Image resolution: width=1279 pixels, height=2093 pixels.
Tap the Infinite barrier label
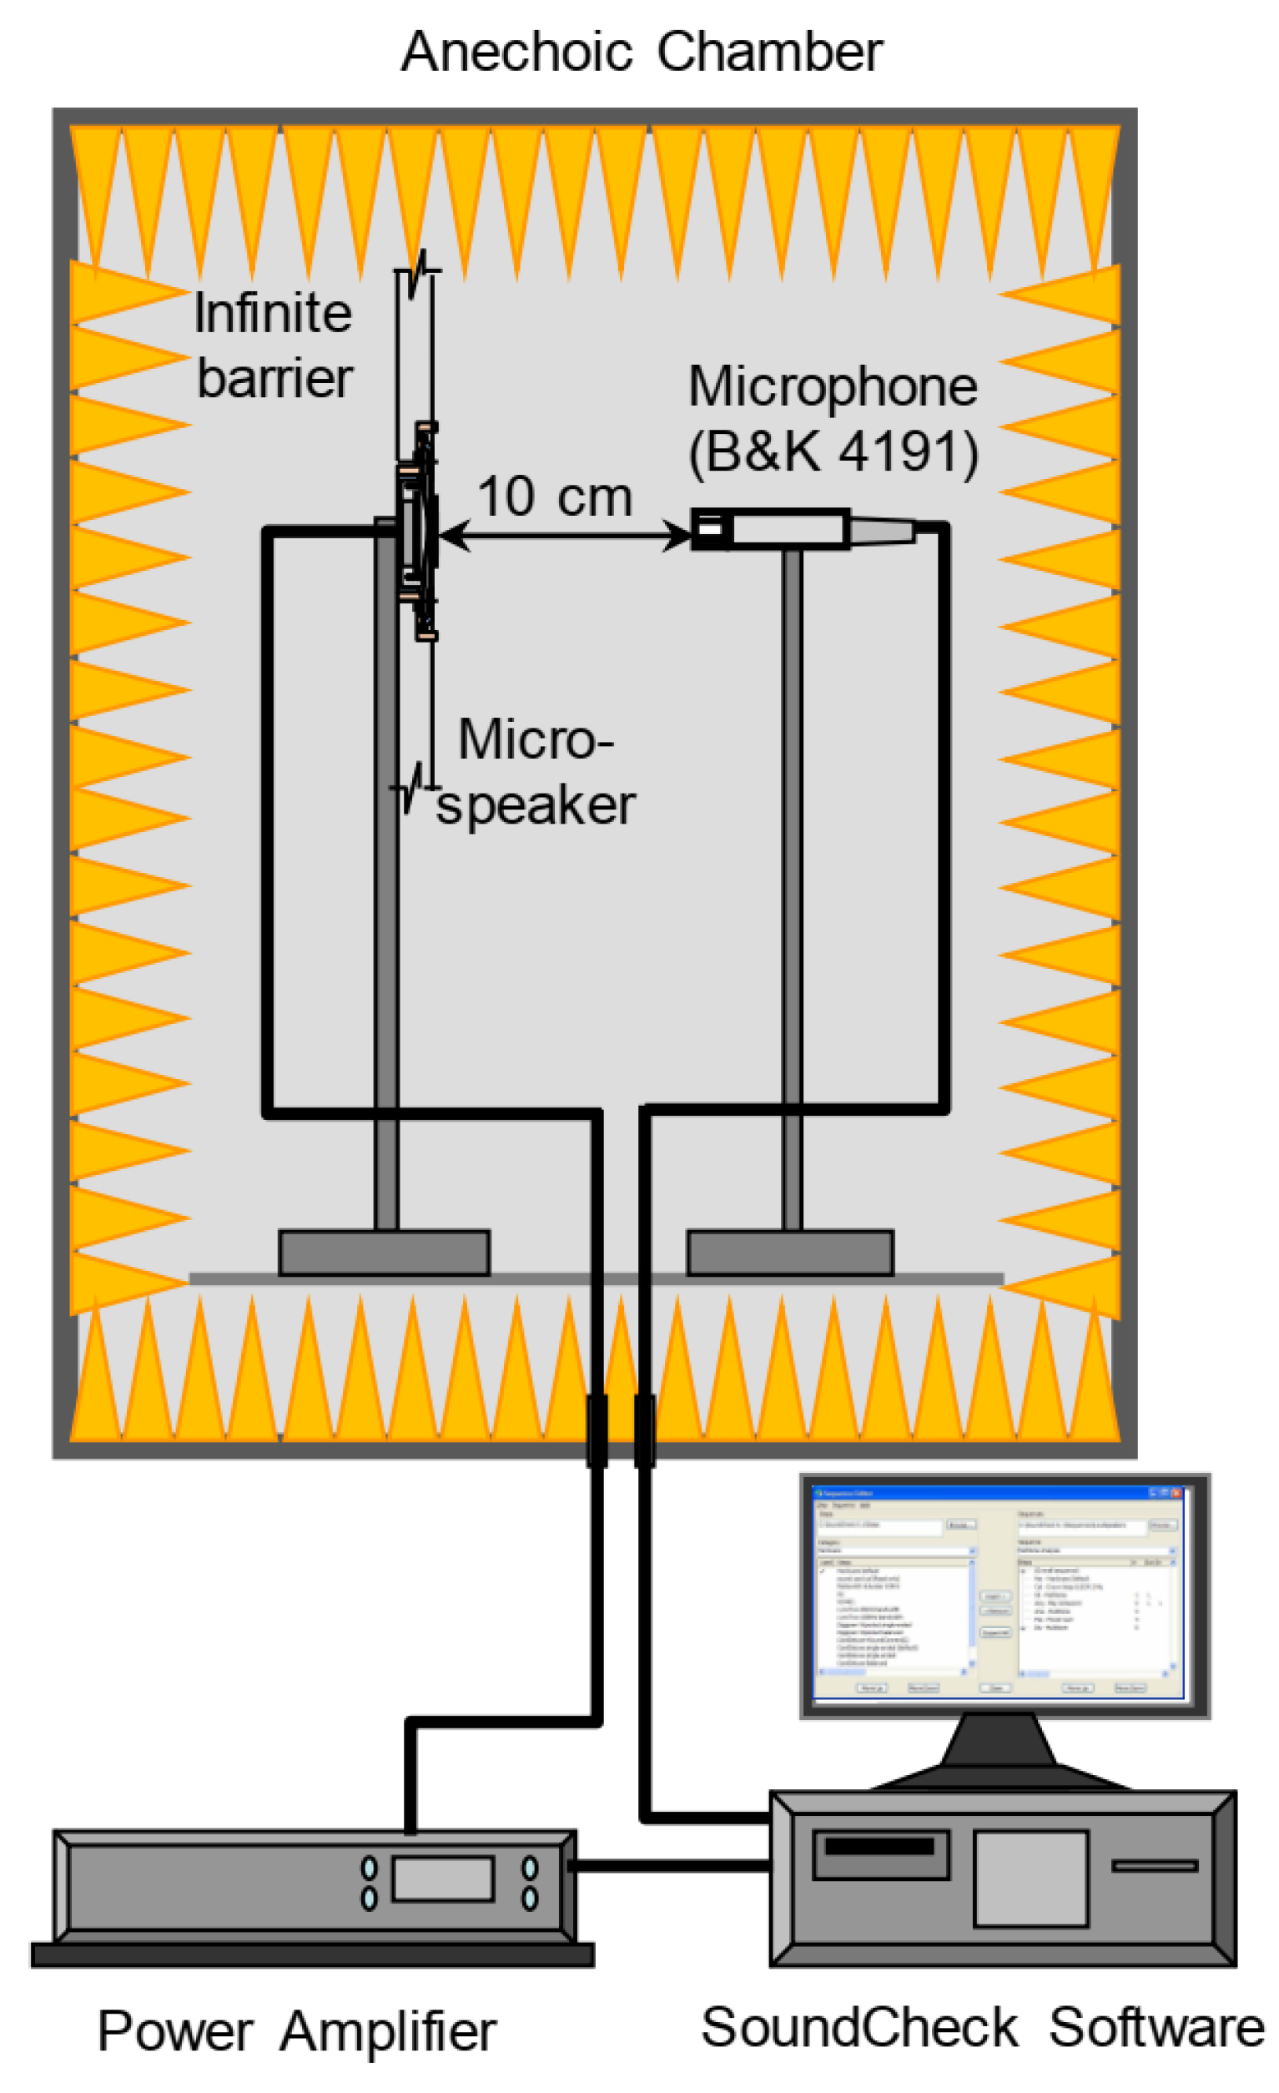pos(274,345)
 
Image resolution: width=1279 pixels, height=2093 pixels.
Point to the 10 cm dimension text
pos(554,497)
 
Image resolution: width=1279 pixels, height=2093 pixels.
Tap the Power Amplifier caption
pos(296,2032)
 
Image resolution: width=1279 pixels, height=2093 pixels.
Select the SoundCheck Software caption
pos(981,2028)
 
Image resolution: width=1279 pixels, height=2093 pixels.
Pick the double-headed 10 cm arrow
pos(565,535)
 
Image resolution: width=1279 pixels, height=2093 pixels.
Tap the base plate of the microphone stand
pos(789,1252)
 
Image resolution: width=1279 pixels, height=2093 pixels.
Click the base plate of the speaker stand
pos(384,1252)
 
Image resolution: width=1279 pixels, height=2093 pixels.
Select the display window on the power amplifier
pos(442,1879)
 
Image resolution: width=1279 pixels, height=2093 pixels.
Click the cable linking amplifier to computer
pos(671,1866)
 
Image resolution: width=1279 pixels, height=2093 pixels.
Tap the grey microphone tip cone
pos(882,531)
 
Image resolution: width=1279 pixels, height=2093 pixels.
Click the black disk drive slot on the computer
pos(879,1847)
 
